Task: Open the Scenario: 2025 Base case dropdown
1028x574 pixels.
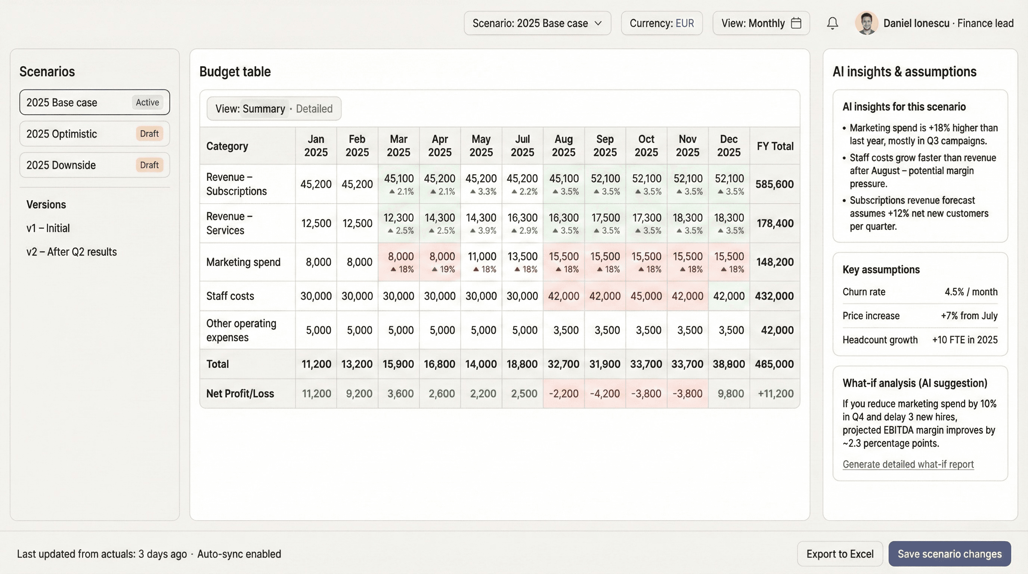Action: pyautogui.click(x=537, y=23)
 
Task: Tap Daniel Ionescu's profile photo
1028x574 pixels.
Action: pyautogui.click(x=866, y=23)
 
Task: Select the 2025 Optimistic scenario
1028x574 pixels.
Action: pyautogui.click(x=95, y=134)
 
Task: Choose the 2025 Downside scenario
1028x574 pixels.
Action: pyautogui.click(x=95, y=165)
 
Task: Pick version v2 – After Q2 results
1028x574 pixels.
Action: pyautogui.click(x=71, y=252)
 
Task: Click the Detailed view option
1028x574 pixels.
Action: pyautogui.click(x=314, y=109)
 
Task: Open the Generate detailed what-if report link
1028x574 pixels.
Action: pyautogui.click(x=908, y=464)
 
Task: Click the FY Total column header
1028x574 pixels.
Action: pyautogui.click(x=775, y=146)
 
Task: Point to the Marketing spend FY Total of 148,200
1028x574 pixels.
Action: pyautogui.click(x=775, y=262)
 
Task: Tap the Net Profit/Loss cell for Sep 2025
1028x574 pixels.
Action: pyautogui.click(x=605, y=394)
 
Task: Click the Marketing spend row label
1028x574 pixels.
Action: pyautogui.click(x=244, y=262)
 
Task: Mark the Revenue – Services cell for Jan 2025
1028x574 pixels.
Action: pyautogui.click(x=316, y=223)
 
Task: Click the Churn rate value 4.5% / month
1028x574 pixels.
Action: pyautogui.click(x=970, y=292)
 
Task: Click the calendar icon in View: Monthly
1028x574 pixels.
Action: pyautogui.click(x=796, y=23)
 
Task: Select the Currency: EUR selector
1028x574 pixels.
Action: pyautogui.click(x=662, y=23)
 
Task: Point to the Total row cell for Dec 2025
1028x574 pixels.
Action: pyautogui.click(x=729, y=364)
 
